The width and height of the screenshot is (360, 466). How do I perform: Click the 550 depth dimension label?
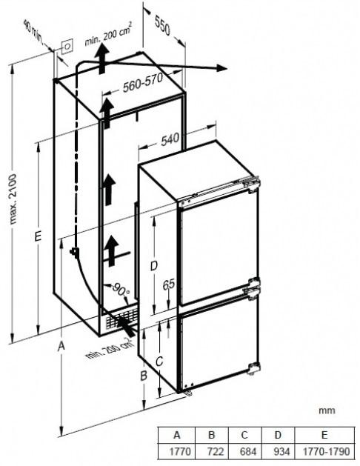pos(162,26)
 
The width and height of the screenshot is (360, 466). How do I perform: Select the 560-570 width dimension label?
pos(143,82)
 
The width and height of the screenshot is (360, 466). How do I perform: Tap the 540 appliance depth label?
pos(170,139)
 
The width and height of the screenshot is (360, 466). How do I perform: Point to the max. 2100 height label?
pos(13,199)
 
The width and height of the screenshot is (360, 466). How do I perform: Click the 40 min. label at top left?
pos(33,32)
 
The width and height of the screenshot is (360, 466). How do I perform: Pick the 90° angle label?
pos(121,289)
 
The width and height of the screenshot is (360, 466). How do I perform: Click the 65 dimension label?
pos(168,284)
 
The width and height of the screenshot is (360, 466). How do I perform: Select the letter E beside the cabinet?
pos(38,236)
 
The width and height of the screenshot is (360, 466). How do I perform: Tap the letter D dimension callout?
pos(153,266)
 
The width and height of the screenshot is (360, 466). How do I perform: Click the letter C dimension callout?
pos(159,361)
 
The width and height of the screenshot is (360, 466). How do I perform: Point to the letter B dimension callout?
pos(144,376)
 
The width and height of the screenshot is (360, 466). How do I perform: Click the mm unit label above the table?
pos(327,410)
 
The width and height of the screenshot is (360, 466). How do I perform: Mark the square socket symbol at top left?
pos(67,47)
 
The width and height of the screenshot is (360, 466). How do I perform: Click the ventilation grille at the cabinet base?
pos(121,319)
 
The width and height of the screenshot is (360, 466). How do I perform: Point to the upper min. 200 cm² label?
pos(108,34)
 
